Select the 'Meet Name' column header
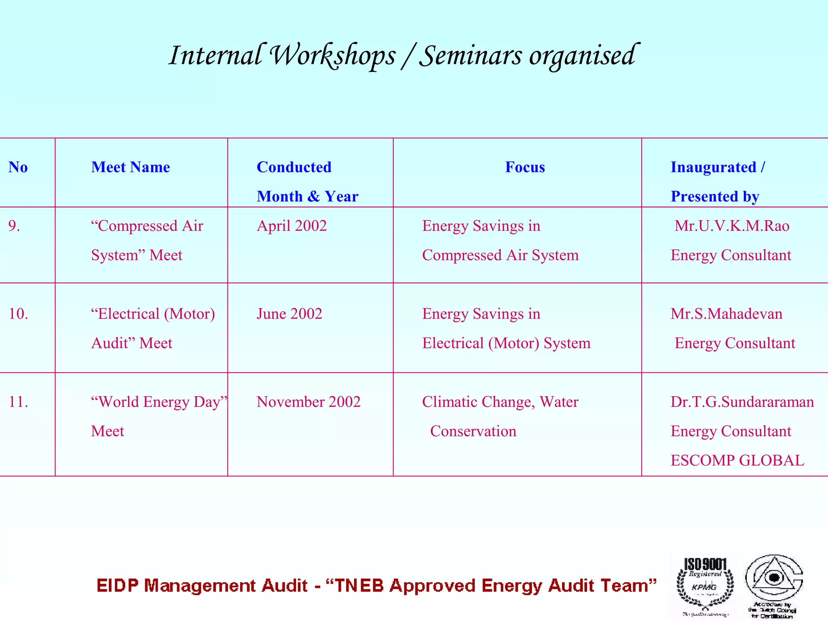pyautogui.click(x=131, y=167)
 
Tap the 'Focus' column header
pyautogui.click(x=525, y=167)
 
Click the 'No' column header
pyautogui.click(x=18, y=167)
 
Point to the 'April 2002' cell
pyautogui.click(x=291, y=226)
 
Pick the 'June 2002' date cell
pyautogui.click(x=289, y=314)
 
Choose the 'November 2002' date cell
pyautogui.click(x=308, y=402)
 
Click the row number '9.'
pyautogui.click(x=14, y=226)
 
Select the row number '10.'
pyautogui.click(x=18, y=314)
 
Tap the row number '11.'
pyautogui.click(x=18, y=402)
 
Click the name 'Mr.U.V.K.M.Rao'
pyautogui.click(x=732, y=226)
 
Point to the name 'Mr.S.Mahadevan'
pyautogui.click(x=727, y=314)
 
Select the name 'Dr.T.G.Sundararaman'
pyautogui.click(x=742, y=402)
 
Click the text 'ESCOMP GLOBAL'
pyautogui.click(x=737, y=460)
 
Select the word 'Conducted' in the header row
pyautogui.click(x=294, y=167)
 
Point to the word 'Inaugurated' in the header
pyautogui.click(x=713, y=167)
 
